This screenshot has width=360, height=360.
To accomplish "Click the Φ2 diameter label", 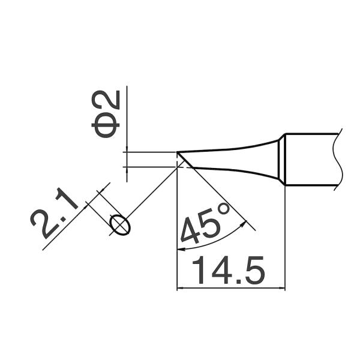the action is point(106,114).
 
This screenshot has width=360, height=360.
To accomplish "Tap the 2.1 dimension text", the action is point(54,214).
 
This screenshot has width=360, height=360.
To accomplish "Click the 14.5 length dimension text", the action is point(229,270).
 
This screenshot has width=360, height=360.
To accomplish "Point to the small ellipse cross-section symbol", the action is point(120,225).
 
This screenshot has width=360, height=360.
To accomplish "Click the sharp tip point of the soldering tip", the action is point(177,152).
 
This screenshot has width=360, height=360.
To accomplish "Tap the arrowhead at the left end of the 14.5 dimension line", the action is point(179,287).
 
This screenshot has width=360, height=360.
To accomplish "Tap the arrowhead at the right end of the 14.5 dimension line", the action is point(282,287).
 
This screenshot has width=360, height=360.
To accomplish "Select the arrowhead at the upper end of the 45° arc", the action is point(244,223).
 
